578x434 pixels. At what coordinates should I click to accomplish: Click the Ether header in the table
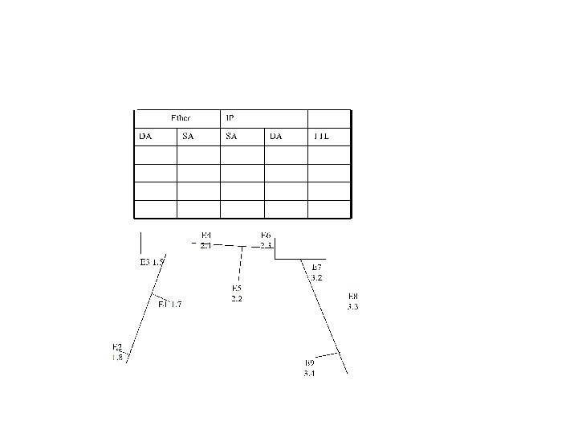pos(181,118)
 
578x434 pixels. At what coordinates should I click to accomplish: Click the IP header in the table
pos(230,118)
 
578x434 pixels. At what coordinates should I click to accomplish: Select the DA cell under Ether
pos(145,137)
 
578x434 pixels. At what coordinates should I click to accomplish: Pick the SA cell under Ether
pos(188,137)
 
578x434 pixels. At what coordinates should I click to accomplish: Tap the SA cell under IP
pos(231,137)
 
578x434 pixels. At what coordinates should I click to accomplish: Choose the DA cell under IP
pos(276,137)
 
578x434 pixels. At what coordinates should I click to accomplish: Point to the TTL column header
pos(321,137)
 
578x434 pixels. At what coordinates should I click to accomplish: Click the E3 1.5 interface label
pos(152,262)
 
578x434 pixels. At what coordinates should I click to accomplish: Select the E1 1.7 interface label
pos(169,304)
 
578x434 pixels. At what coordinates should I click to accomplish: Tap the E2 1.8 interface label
pos(117,352)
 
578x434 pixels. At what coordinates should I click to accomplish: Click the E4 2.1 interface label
pos(206,240)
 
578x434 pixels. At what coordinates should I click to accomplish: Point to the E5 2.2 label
pos(237,293)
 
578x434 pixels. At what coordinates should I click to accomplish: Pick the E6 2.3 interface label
pos(266,240)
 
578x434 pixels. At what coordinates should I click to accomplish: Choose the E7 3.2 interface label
pos(316,272)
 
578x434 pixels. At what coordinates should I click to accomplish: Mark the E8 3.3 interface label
pos(352,301)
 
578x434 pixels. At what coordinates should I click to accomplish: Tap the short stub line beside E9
pos(328,354)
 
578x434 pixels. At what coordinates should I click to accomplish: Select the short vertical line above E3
pos(141,243)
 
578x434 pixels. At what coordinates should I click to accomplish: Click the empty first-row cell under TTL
pos(330,155)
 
